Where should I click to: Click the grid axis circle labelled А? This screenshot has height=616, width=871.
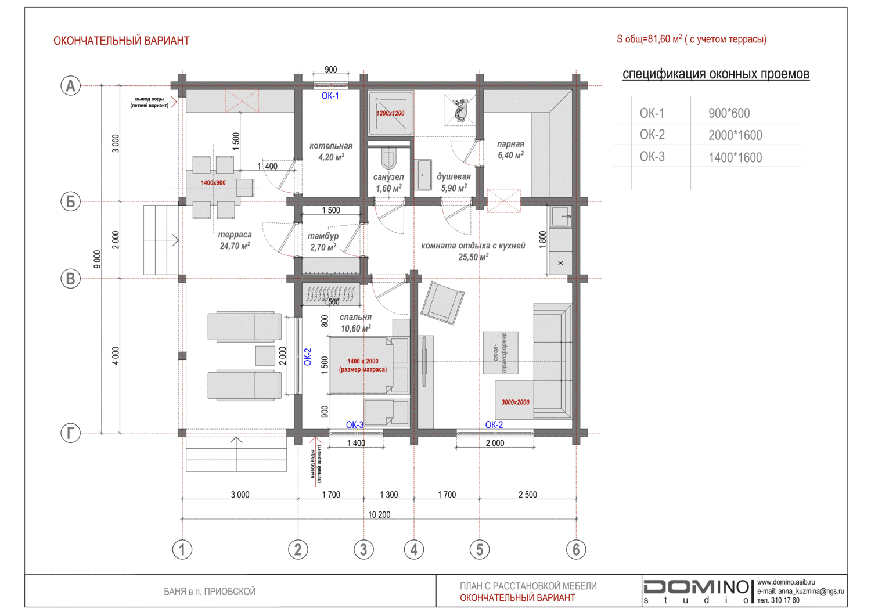tap(70, 85)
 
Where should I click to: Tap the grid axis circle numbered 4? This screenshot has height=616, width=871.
tap(413, 549)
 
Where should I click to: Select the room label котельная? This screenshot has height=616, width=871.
tap(331, 146)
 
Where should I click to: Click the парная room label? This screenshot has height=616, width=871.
tap(510, 144)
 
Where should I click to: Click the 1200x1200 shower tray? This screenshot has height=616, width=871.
tap(390, 113)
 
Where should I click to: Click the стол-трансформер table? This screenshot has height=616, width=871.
tap(501, 353)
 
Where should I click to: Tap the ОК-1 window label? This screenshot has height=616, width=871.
tap(330, 96)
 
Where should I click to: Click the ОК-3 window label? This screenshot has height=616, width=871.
tap(355, 424)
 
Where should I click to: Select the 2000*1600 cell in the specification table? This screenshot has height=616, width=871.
tap(735, 135)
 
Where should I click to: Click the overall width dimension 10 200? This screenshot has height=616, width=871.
tap(379, 514)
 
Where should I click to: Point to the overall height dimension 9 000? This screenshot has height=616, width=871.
tap(97, 259)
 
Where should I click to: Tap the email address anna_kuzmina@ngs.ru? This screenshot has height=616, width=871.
tap(800, 591)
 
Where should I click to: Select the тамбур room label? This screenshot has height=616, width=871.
tap(323, 236)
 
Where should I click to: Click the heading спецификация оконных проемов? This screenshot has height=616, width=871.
tap(716, 74)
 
